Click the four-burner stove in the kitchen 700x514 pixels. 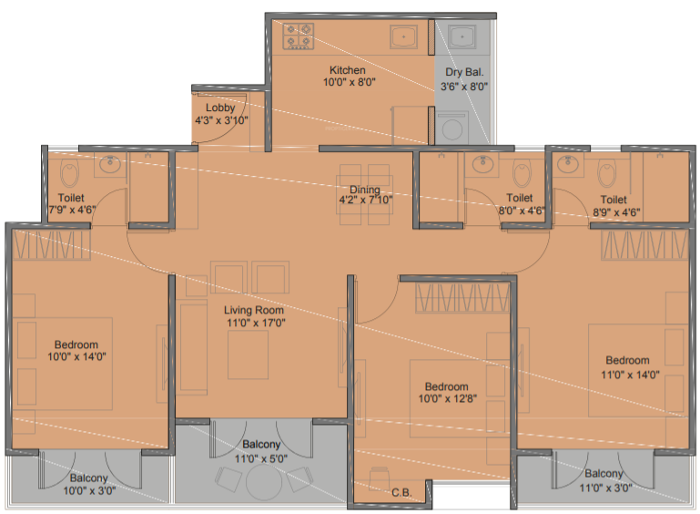pos(298,36)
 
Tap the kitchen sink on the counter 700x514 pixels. pos(403,36)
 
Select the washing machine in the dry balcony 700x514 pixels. pos(452,127)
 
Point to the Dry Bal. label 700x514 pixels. pos(465,73)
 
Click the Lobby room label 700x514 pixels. pos(220,108)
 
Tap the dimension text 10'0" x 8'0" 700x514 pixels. pos(349,83)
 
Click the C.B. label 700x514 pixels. pos(401,494)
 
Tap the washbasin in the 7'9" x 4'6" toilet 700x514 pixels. pos(110,165)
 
